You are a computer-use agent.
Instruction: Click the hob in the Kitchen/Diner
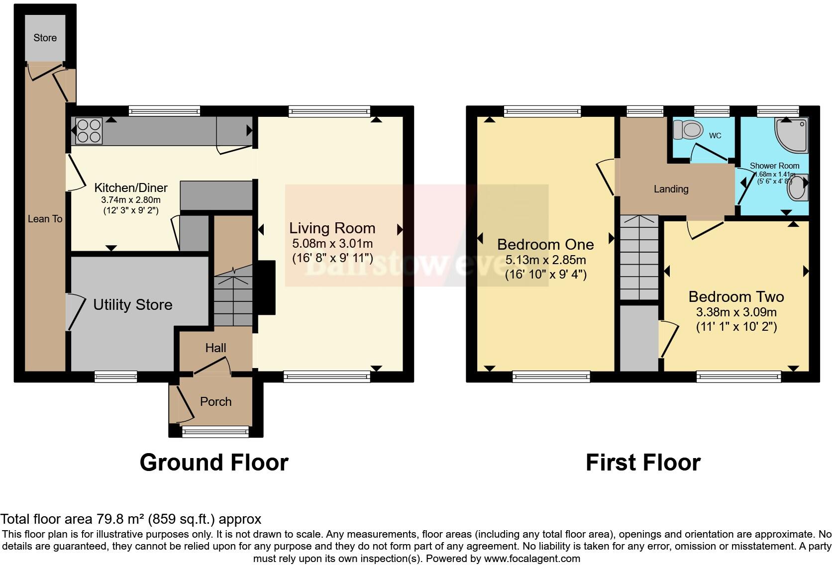click(x=89, y=131)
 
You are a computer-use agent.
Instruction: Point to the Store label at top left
click(x=45, y=38)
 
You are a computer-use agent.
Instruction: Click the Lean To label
click(x=45, y=219)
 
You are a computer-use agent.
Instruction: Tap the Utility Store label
click(x=133, y=304)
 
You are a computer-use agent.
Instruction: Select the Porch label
click(x=215, y=401)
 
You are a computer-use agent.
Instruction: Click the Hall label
click(x=215, y=348)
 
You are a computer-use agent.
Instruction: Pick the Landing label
click(x=671, y=189)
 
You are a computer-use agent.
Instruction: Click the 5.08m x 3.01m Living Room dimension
click(x=332, y=244)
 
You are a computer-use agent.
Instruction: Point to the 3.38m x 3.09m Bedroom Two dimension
click(x=736, y=312)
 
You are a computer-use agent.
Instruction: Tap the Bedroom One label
click(x=545, y=244)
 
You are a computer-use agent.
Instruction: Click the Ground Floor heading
click(x=214, y=463)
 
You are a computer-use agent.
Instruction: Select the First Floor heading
click(x=643, y=463)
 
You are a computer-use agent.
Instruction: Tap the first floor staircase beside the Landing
click(x=639, y=259)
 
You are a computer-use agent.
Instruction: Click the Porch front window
click(x=215, y=431)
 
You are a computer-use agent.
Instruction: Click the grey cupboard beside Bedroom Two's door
click(x=639, y=338)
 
